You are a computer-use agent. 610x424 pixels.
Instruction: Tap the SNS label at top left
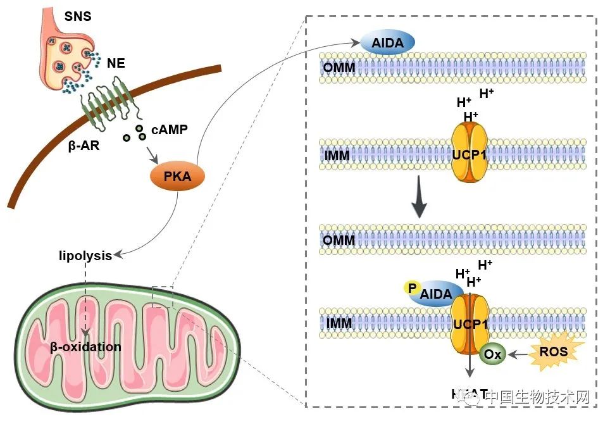click(77, 16)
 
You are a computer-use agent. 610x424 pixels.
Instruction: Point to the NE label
click(116, 63)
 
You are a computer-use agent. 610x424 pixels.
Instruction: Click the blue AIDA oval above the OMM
click(387, 43)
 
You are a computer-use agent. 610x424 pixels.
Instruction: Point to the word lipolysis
click(85, 256)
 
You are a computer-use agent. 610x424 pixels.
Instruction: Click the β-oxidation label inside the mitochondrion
click(85, 347)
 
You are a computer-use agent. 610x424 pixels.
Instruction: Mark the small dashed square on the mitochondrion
click(163, 296)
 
